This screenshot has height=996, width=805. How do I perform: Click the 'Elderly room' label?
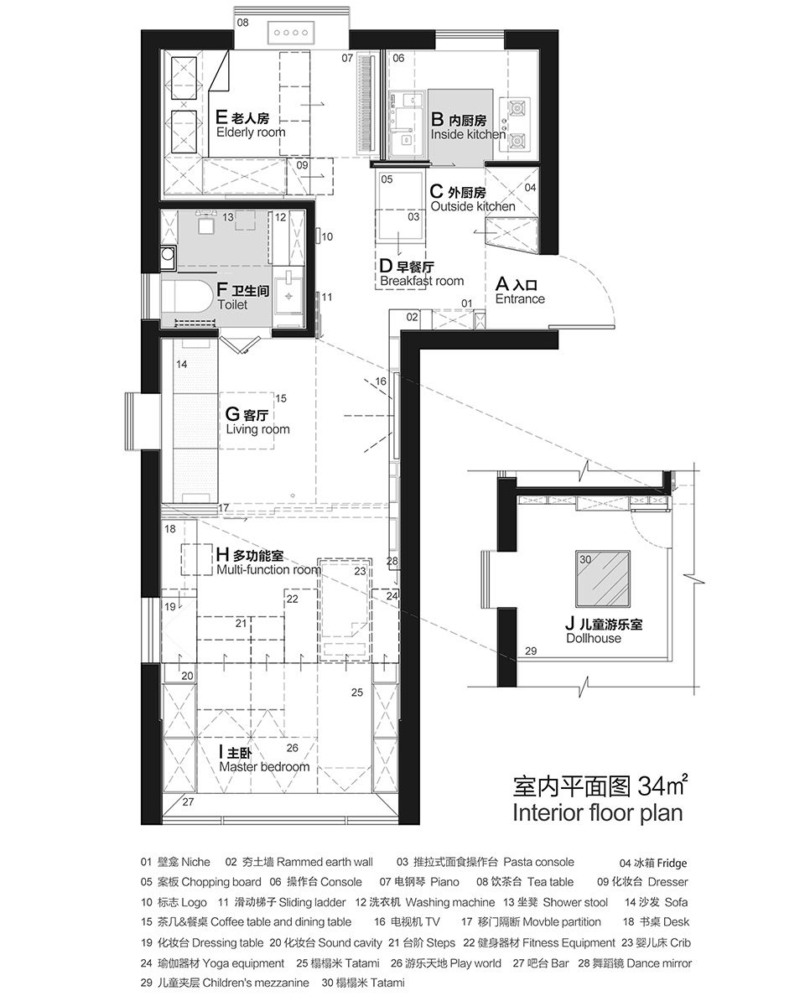pos(251,132)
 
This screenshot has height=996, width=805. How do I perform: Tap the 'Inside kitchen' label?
pos(468,135)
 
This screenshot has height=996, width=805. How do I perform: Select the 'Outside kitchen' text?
pos(473,206)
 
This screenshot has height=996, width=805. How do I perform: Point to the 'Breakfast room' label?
pos(422,281)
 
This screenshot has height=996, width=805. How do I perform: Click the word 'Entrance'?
pos(520,299)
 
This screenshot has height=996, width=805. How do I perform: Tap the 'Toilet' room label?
pos(232,305)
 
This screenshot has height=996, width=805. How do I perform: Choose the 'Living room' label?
pos(258,429)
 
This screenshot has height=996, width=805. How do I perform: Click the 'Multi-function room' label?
pos(269,570)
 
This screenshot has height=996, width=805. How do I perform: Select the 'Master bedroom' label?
pos(264,766)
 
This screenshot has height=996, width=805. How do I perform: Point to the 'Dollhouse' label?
pos(594,638)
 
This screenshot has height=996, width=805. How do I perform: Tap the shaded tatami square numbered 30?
pos(603,578)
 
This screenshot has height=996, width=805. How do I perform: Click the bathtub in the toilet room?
pos(186,297)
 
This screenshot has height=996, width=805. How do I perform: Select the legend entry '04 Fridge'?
pos(653,863)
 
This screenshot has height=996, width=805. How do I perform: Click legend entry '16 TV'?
pos(407,921)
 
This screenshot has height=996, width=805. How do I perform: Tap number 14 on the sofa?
pos(182,365)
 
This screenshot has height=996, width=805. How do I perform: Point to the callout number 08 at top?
pos(242,23)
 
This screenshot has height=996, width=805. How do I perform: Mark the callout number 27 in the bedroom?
pos(188,801)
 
